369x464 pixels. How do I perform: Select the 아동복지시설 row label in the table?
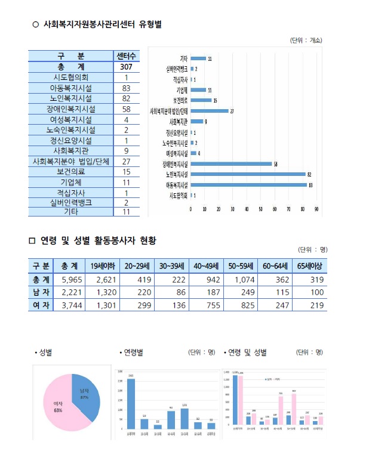(x=70, y=88)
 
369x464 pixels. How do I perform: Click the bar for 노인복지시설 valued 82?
(x=248, y=174)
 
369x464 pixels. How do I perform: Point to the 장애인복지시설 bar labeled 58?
(x=231, y=163)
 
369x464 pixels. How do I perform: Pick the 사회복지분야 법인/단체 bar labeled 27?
(x=210, y=111)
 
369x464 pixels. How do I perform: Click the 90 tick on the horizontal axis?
(x=316, y=209)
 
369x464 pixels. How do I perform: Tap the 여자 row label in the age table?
(x=40, y=305)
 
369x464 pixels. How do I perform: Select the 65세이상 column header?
(x=309, y=266)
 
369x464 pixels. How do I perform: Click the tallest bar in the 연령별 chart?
(x=131, y=404)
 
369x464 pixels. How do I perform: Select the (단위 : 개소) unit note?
(x=306, y=40)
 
